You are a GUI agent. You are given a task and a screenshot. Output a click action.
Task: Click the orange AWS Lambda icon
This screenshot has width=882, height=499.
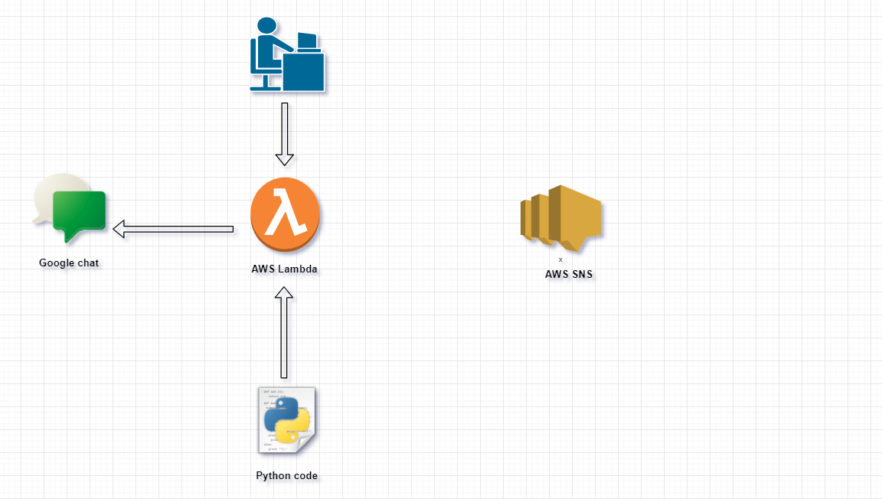pyautogui.click(x=284, y=215)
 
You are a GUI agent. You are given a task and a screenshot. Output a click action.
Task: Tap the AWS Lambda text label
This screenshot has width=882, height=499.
pyautogui.click(x=284, y=269)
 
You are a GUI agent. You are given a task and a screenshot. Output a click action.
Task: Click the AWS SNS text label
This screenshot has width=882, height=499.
pyautogui.click(x=569, y=274)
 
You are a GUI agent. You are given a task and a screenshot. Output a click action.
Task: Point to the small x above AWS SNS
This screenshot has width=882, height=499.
pyautogui.click(x=560, y=259)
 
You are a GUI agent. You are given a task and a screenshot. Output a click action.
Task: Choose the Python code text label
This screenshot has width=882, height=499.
pyautogui.click(x=286, y=476)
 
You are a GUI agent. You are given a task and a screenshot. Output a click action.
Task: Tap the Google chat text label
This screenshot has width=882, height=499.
pyautogui.click(x=69, y=263)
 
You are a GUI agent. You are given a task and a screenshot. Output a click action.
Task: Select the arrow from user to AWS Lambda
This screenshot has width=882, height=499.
pyautogui.click(x=285, y=134)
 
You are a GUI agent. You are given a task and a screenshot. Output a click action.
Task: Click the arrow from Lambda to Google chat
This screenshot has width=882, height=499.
pyautogui.click(x=173, y=229)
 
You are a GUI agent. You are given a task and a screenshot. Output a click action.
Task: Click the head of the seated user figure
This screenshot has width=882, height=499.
pyautogui.click(x=266, y=26)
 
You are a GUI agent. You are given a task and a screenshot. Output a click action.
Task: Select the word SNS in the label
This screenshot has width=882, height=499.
pyautogui.click(x=581, y=274)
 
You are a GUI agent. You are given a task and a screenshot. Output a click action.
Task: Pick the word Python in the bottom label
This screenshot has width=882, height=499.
pyautogui.click(x=273, y=476)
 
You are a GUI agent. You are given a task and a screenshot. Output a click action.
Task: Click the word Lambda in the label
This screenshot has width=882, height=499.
pyautogui.click(x=298, y=269)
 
